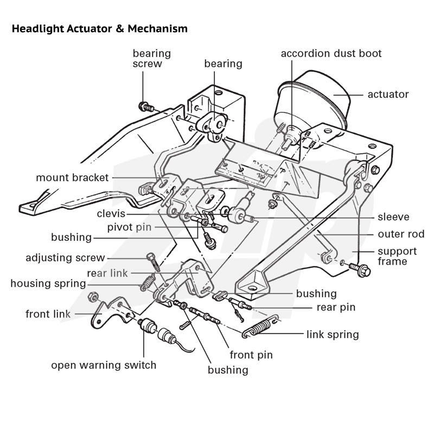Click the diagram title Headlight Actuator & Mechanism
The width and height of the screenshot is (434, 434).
[100, 29]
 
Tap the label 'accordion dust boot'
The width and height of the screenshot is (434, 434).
[331, 53]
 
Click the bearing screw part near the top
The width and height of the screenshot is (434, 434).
[145, 106]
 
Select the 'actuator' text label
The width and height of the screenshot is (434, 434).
[388, 94]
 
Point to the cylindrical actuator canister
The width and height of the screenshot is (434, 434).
[313, 103]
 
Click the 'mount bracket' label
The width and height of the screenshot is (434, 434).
[72, 178]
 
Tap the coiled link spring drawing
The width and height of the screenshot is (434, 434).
[260, 327]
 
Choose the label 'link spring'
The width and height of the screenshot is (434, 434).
[333, 335]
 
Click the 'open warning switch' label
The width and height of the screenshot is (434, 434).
[104, 365]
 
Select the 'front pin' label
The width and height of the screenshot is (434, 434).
[251, 355]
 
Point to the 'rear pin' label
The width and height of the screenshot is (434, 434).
[336, 308]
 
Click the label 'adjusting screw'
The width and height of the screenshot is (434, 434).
[65, 258]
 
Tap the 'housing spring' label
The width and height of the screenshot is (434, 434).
[48, 284]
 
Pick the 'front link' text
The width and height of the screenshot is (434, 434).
[48, 314]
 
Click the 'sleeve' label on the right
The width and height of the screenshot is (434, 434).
[393, 217]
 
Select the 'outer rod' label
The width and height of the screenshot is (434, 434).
[401, 234]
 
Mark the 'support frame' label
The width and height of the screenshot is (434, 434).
[397, 256]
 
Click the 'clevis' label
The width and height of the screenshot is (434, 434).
[111, 214]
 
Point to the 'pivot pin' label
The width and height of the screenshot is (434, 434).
[129, 227]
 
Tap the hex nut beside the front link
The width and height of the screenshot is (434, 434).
[93, 297]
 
